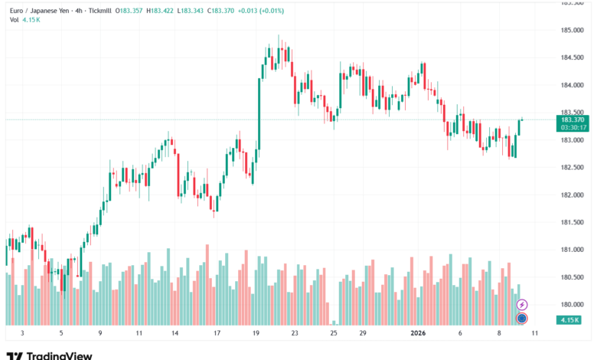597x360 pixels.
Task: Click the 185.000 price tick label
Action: pos(572,31)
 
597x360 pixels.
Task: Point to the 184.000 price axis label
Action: pos(572,85)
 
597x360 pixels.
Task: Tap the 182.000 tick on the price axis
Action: pos(572,195)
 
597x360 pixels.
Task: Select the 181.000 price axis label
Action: pos(572,250)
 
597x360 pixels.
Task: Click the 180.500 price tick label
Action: pos(572,277)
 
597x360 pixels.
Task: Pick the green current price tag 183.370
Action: pos(573,120)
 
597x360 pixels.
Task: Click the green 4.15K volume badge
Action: pos(569,319)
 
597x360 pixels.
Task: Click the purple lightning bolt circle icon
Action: pos(523,304)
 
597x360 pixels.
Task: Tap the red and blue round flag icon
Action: pos(522,319)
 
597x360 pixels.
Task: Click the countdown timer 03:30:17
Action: pos(573,128)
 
